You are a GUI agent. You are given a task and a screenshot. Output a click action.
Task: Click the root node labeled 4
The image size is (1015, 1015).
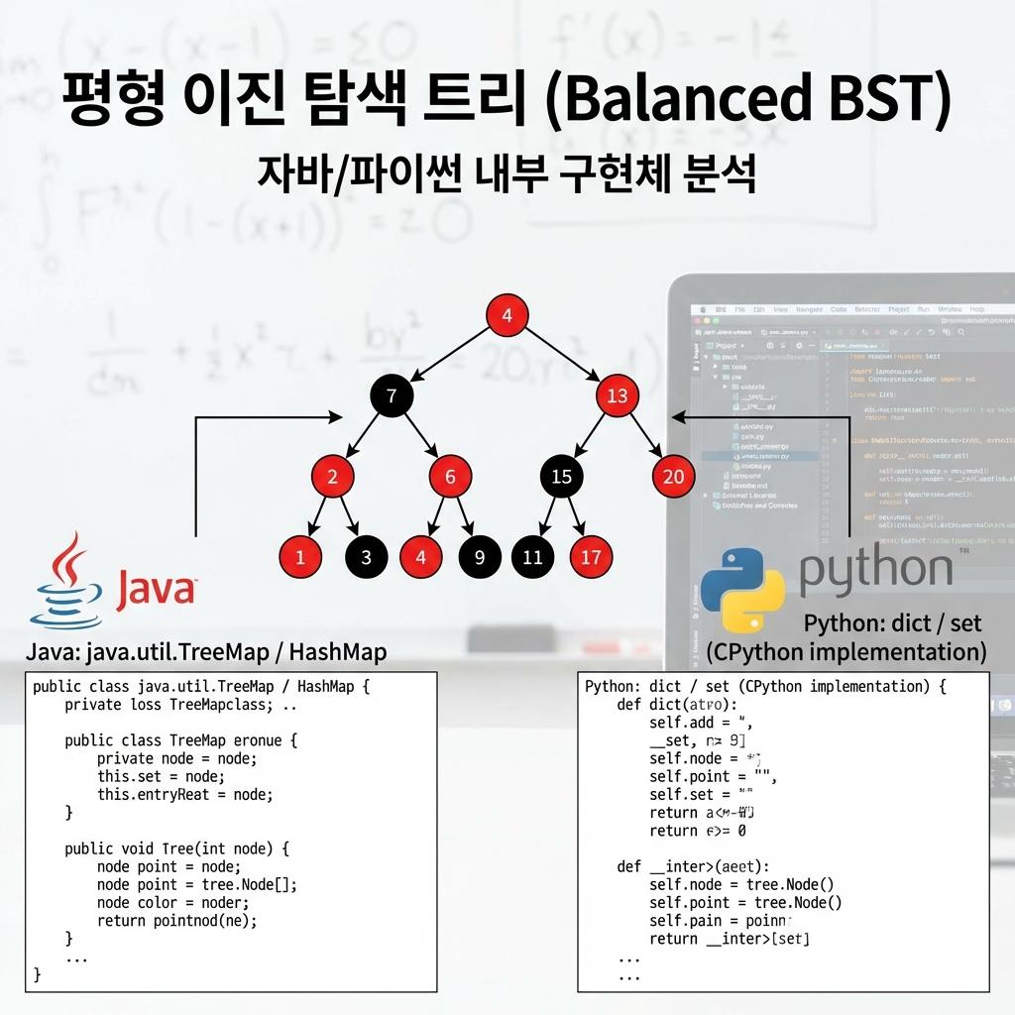pyautogui.click(x=507, y=316)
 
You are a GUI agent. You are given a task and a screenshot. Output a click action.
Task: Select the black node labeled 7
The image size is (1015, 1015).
pyautogui.click(x=392, y=396)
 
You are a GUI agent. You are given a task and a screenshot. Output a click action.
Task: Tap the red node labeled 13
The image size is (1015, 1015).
pyautogui.click(x=617, y=396)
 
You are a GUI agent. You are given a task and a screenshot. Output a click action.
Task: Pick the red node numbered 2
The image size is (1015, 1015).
pyautogui.click(x=333, y=477)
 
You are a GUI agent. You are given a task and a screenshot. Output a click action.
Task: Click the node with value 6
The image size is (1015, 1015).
pyautogui.click(x=450, y=477)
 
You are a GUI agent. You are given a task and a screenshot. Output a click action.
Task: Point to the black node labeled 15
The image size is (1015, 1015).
pyautogui.click(x=561, y=477)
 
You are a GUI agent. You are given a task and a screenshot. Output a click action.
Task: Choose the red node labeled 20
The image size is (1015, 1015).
pyautogui.click(x=673, y=477)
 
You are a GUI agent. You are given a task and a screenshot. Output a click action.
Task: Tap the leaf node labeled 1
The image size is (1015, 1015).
pyautogui.click(x=300, y=556)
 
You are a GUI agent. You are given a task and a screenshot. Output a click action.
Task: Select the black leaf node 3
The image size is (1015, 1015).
pyautogui.click(x=366, y=556)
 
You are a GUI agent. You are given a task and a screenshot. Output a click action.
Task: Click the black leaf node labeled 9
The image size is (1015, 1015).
pyautogui.click(x=480, y=556)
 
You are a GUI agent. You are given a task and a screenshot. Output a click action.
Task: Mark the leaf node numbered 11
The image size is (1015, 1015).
pyautogui.click(x=532, y=556)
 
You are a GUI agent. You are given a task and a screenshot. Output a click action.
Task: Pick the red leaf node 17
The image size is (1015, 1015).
pyautogui.click(x=591, y=556)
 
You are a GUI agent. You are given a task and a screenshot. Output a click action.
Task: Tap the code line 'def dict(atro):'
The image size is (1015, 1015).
pyautogui.click(x=677, y=705)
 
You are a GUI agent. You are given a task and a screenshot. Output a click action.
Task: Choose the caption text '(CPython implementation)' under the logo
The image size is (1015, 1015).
pyautogui.click(x=846, y=651)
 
